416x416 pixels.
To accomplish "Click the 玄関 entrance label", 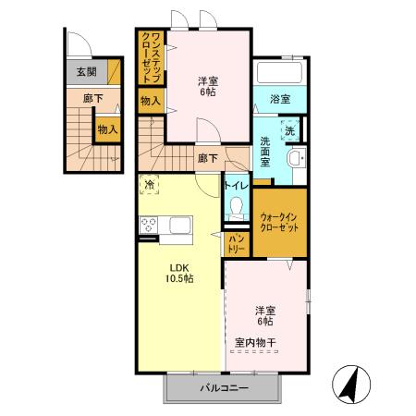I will click(x=86, y=71).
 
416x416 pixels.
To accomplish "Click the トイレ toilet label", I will click(x=235, y=185).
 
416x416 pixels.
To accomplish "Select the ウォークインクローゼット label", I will click(x=280, y=221).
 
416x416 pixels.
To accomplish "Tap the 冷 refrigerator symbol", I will click(x=150, y=187).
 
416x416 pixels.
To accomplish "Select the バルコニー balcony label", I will click(x=224, y=388).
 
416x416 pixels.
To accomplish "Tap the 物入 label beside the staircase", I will click(x=107, y=129).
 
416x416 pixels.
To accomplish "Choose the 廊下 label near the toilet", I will click(x=208, y=158).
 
